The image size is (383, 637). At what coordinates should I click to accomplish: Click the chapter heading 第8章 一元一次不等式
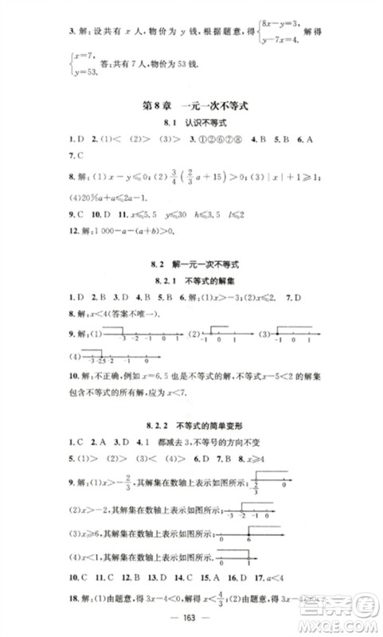pyautogui.click(x=190, y=105)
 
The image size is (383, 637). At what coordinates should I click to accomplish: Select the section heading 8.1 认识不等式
pyautogui.click(x=190, y=124)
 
